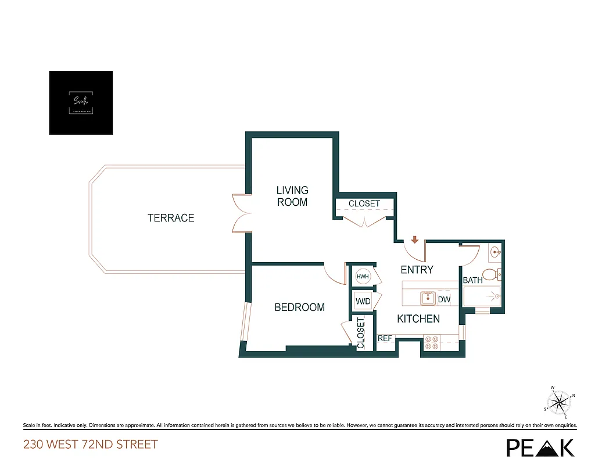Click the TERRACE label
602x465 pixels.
[x=171, y=218]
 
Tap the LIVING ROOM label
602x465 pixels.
[x=292, y=196]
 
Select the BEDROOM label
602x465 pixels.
[x=299, y=307]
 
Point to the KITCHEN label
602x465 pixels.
[x=418, y=319]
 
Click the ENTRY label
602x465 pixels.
[x=417, y=270]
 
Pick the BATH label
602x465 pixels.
[x=472, y=281]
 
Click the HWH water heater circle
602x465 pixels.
[x=363, y=277]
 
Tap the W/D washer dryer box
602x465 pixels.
[x=363, y=302]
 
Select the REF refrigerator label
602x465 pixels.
[x=385, y=338]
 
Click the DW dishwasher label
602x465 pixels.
[x=444, y=300]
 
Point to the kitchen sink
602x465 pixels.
[x=428, y=299]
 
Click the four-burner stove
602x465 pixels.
[x=432, y=342]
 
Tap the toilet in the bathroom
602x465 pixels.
[x=493, y=274]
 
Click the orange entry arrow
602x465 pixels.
[x=415, y=239]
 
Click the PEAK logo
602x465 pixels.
[x=540, y=447]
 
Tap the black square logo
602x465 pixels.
[x=81, y=103]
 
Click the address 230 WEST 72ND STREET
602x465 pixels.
[x=91, y=445]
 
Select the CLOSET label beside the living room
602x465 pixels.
[x=364, y=203]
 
